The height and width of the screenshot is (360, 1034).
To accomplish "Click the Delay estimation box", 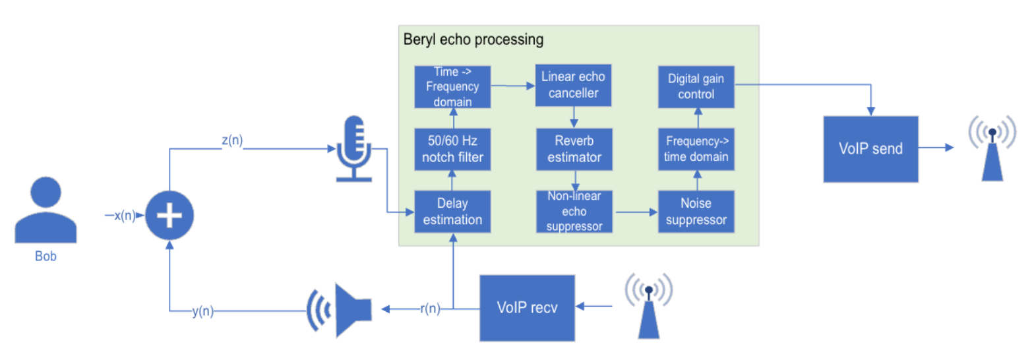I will [452, 211].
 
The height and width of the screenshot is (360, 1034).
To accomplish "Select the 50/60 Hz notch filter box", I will [452, 148].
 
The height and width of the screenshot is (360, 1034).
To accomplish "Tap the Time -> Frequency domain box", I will [452, 86].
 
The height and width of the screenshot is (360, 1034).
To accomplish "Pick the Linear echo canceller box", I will [573, 86].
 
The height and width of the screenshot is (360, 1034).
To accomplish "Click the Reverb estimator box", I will [573, 148].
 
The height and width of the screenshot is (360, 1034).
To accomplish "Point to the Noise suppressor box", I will [696, 211].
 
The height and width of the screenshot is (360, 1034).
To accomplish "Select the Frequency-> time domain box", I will [696, 148].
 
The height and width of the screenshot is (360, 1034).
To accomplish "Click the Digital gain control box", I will [696, 86].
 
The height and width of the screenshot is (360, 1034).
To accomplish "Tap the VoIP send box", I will [870, 148].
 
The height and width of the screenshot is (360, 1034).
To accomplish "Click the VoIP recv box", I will [527, 307].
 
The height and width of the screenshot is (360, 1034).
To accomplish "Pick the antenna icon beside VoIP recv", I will [649, 305].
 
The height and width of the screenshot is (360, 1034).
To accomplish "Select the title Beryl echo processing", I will [473, 40].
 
